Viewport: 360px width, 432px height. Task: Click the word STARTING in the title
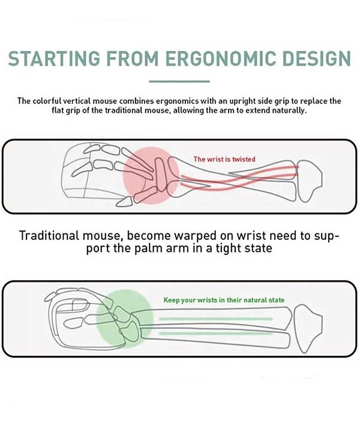(54, 58)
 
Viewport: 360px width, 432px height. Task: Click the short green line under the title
(179, 81)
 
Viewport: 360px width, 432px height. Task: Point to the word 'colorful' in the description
(47, 101)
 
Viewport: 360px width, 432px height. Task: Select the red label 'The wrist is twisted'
(224, 159)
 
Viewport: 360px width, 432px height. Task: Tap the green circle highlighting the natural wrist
(125, 319)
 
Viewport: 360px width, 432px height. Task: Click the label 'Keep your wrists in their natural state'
(224, 300)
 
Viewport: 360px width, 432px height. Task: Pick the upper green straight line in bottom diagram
(215, 319)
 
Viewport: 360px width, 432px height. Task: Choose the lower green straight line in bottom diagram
(215, 334)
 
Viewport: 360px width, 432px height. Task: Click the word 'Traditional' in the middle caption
(49, 236)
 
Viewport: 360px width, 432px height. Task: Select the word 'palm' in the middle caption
(148, 249)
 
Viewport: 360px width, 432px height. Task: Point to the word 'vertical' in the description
(77, 101)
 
